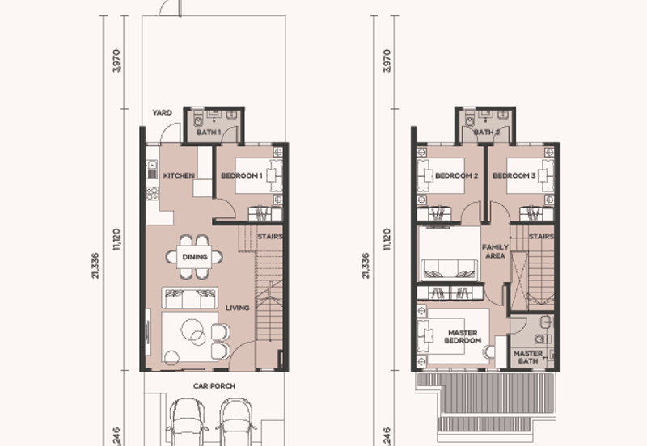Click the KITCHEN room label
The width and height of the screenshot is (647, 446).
pos(179,175)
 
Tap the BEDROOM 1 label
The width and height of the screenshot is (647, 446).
pos(242,175)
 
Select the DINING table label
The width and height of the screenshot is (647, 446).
pos(195,257)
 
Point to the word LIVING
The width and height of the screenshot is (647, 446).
pos(238,308)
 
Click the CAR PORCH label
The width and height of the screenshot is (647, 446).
pos(214,386)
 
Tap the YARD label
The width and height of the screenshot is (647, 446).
pos(162,112)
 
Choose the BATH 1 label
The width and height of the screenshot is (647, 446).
pos(209,133)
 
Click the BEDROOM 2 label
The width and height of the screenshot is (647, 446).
pos(457,175)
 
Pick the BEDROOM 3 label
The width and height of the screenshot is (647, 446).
pos(514,175)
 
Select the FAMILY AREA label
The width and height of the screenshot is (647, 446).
pos(495,251)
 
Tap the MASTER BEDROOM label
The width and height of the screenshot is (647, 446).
pos(463,336)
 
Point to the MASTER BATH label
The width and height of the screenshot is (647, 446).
pos(528,357)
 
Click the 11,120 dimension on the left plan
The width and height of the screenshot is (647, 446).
pos(116,239)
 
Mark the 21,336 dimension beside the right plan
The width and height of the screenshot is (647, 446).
pos(366,266)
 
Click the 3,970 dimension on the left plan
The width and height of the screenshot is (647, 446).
pos(116,61)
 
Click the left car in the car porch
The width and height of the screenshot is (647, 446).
pos(188,422)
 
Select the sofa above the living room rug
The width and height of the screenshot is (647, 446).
pos(189,298)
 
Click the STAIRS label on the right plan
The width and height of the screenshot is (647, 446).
pos(541,237)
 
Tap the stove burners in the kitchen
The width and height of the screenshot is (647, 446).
pos(152,193)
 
